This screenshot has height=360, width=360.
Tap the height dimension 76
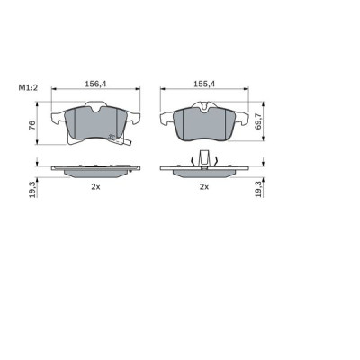pos(31,124)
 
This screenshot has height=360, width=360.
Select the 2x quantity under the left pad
pos(94,186)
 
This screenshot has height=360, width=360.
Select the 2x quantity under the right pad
pos(204,186)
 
